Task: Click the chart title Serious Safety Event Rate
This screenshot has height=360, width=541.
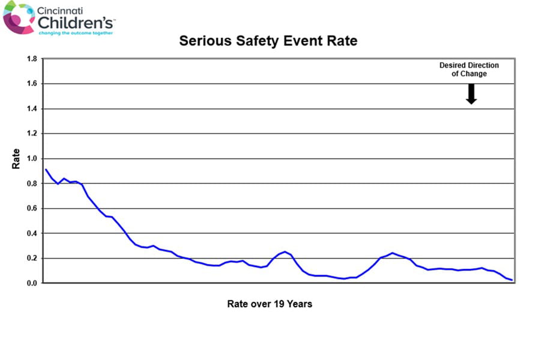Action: (268, 41)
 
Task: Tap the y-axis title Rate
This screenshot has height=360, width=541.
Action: (16, 159)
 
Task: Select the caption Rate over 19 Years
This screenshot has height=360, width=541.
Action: (270, 304)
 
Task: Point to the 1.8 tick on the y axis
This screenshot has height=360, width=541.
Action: (31, 59)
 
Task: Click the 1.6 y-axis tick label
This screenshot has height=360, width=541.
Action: (31, 84)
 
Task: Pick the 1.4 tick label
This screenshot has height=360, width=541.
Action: (31, 109)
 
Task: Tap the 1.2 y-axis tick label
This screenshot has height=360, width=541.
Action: (31, 134)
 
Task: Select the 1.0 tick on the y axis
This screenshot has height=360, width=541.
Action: (31, 158)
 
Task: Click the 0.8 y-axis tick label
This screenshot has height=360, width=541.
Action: (31, 184)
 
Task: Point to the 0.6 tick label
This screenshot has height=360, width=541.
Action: (31, 208)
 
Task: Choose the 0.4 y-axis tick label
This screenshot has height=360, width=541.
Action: (31, 233)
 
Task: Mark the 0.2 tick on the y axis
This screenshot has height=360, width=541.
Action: (31, 258)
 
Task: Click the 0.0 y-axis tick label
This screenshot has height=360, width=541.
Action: (31, 283)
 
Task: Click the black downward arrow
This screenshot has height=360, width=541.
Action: (471, 94)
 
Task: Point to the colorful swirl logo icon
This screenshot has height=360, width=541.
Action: (19, 17)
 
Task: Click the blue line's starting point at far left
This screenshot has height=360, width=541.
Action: (46, 169)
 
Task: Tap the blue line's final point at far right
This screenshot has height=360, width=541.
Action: (512, 280)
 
